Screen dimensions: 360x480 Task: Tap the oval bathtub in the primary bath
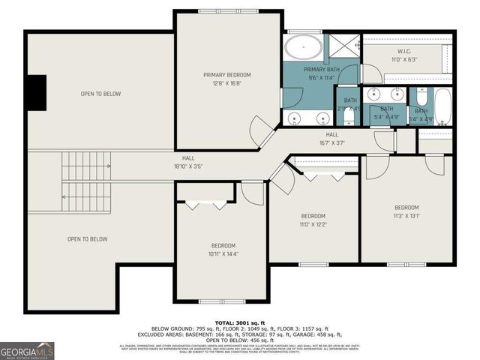point(304,49)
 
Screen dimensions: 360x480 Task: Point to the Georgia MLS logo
point(27,351)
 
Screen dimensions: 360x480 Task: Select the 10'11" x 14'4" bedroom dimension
point(223,253)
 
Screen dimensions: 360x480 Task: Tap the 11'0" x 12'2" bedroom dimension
point(313,223)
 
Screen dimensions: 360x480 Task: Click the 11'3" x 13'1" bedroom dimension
point(406,215)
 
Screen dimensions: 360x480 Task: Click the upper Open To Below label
point(101,94)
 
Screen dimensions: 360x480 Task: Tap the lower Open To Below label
point(88,239)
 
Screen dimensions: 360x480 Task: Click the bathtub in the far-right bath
point(442,106)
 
